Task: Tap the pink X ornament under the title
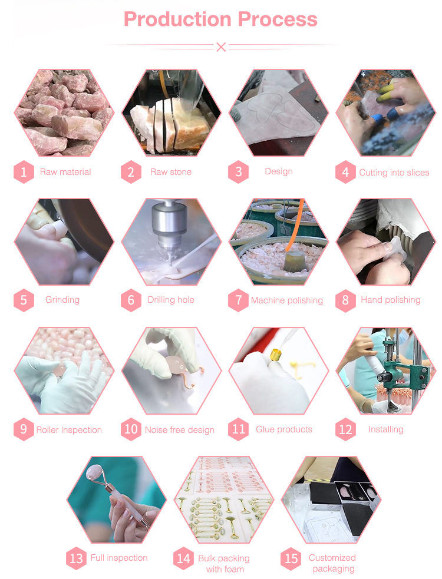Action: pos(221,47)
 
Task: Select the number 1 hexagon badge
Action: pos(24,172)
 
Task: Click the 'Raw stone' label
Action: pos(171,172)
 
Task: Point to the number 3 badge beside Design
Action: pos(238,172)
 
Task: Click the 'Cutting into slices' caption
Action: pos(394,173)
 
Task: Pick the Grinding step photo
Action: pos(64,241)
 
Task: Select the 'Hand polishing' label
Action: pos(390,300)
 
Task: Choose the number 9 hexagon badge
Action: pos(24,429)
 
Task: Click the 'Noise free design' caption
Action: pos(179,429)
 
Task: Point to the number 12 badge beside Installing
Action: pos(345,429)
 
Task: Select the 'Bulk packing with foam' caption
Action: pos(224,563)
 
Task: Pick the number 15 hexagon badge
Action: pos(291,558)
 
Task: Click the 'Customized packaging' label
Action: pos(333,563)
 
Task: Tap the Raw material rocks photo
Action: pos(64,113)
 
